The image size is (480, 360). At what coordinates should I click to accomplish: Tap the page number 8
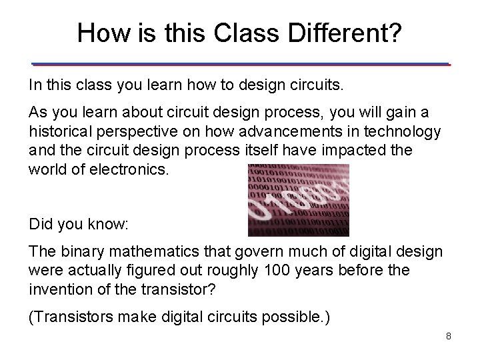(x=449, y=336)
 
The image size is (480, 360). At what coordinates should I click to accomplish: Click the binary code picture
(x=298, y=199)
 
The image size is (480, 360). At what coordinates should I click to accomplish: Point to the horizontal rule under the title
(x=241, y=65)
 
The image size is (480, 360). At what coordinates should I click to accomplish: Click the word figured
(x=150, y=269)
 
